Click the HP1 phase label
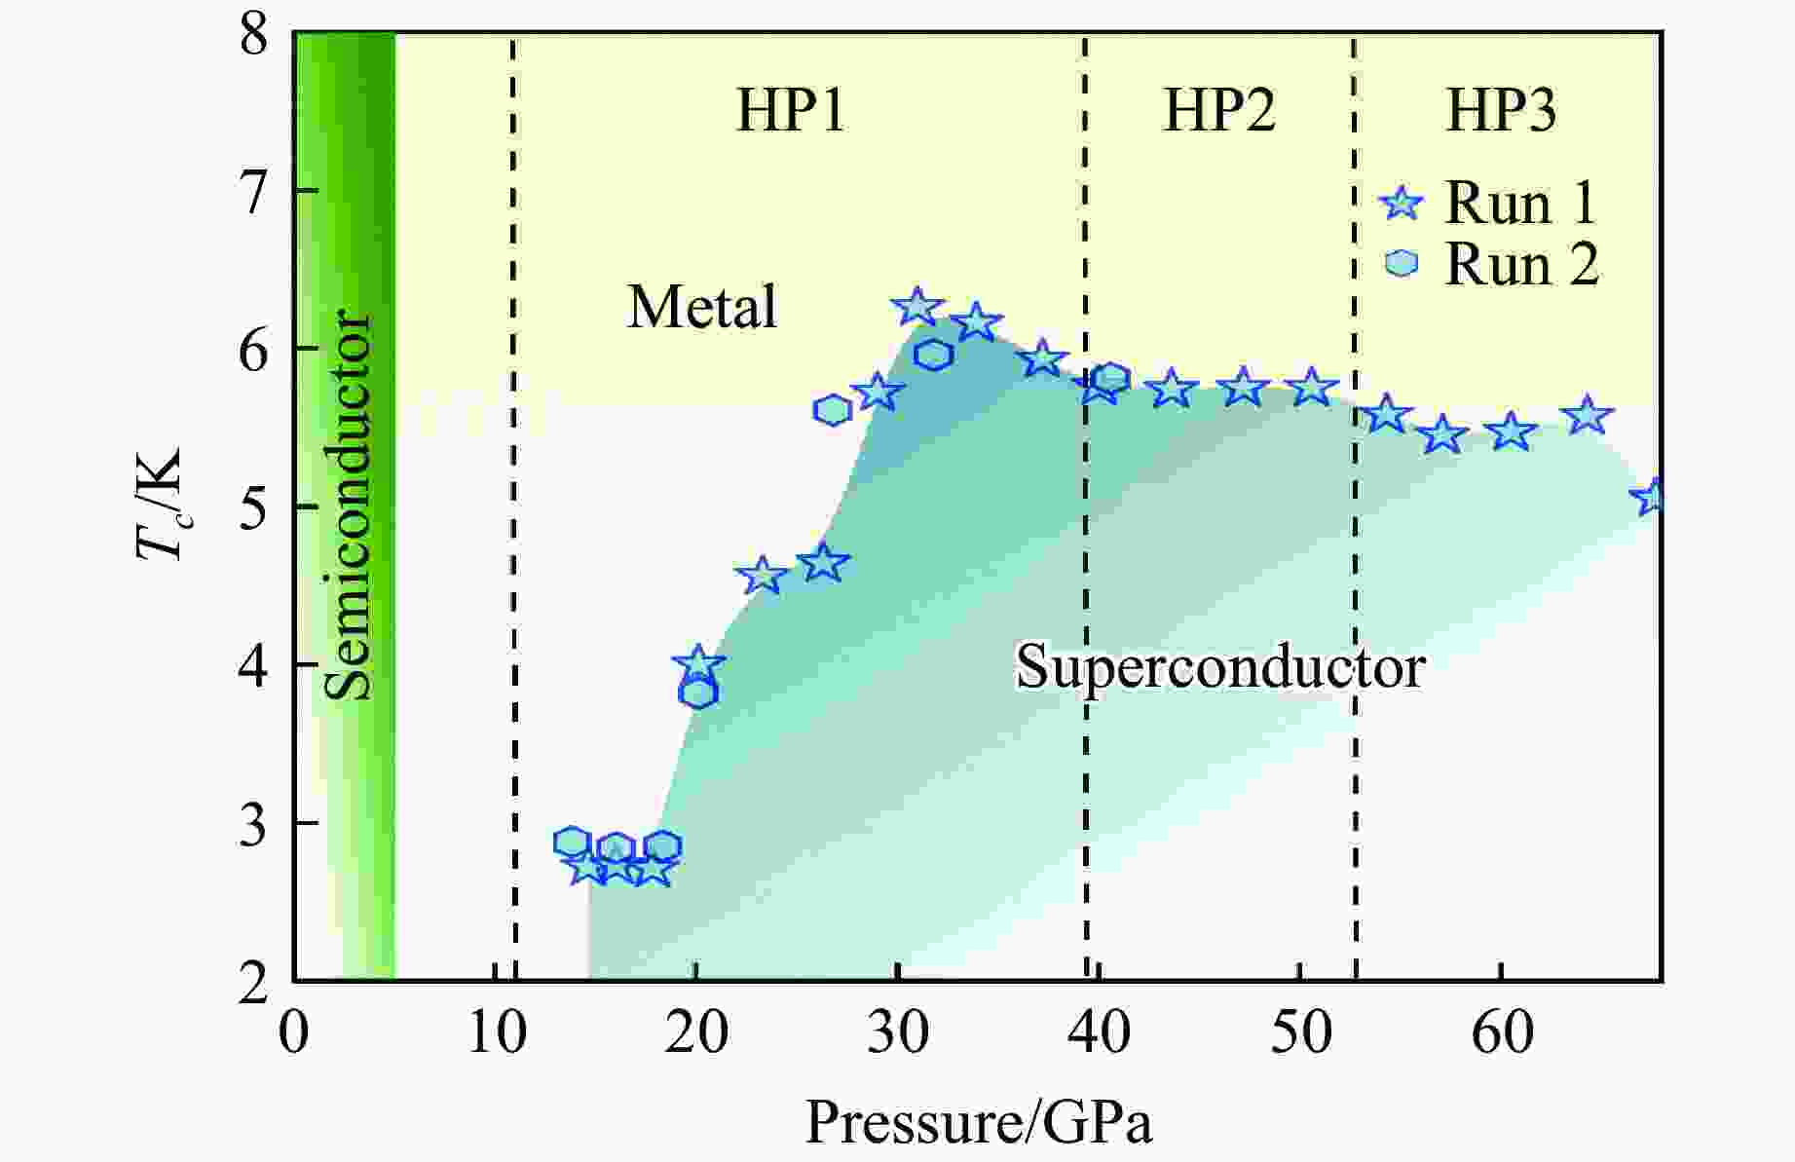coord(790,110)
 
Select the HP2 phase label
coord(1219,110)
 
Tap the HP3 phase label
coord(1501,110)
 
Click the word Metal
coord(702,308)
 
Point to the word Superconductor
coord(1220,669)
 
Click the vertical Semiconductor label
coord(348,506)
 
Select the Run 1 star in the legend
coord(1402,205)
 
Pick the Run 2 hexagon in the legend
coord(1402,263)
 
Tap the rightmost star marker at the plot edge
coord(1653,498)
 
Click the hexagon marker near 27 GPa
coord(832,411)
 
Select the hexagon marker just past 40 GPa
coord(1110,378)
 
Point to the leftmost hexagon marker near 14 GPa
coord(573,843)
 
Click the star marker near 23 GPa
coord(763,576)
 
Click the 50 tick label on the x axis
coord(1300,1032)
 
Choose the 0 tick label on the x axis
coord(293,1032)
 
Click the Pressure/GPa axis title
coord(978,1123)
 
